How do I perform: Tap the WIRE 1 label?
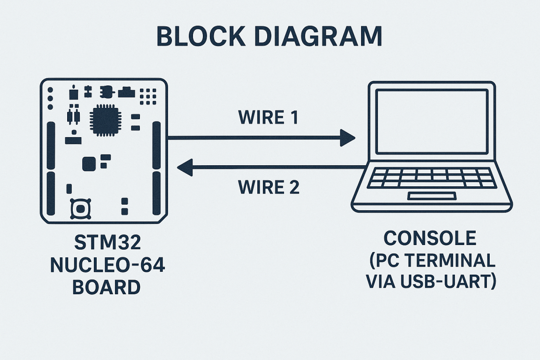tap(268, 117)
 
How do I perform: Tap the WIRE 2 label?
tap(269, 188)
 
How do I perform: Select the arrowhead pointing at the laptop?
tap(347, 138)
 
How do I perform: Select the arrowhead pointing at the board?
tap(184, 167)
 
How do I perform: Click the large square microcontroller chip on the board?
tap(105, 120)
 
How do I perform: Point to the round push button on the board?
tap(80, 209)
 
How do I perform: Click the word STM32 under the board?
tap(108, 244)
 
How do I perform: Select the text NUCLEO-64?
tap(108, 266)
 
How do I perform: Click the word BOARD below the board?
tap(107, 287)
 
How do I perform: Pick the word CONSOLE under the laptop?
tap(430, 238)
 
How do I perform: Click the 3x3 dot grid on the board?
tap(148, 96)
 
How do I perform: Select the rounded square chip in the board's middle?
tap(89, 164)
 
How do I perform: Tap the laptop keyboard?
tap(432, 178)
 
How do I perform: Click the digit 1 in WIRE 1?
tap(293, 117)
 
